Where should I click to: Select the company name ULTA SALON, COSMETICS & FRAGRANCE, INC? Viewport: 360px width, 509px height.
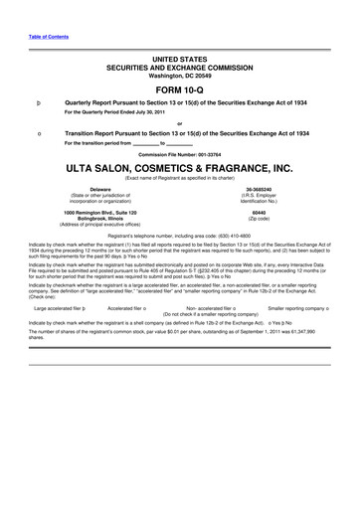click(x=180, y=168)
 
